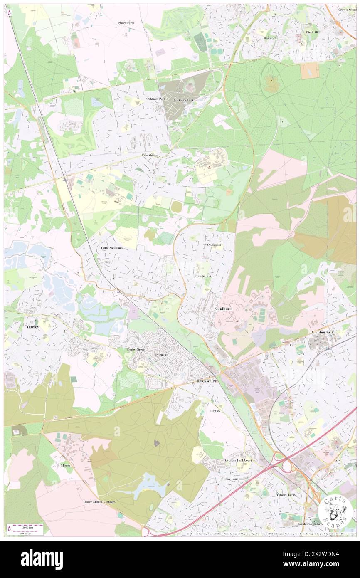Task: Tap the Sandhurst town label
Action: (x=223, y=309)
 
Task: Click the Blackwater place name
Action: (x=207, y=381)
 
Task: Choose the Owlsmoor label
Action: (x=214, y=245)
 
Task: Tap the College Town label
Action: (x=204, y=276)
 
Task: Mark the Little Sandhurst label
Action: (x=113, y=248)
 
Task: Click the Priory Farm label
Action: (x=126, y=23)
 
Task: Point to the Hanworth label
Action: (x=271, y=38)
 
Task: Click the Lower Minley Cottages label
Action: (x=99, y=502)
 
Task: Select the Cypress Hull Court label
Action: (x=239, y=461)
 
